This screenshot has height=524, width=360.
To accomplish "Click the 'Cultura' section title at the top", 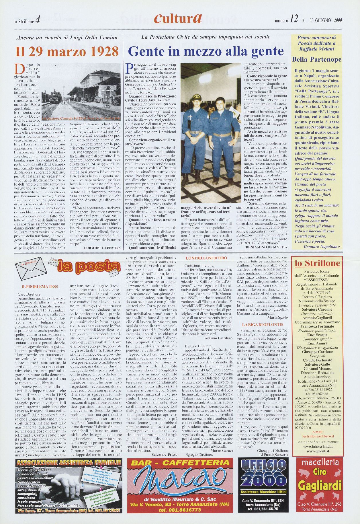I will point(178,19).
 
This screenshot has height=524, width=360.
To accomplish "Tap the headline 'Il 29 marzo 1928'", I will point(67,52).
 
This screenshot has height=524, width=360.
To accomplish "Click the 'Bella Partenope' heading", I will point(316,59).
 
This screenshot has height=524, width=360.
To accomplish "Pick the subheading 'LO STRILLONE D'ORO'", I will point(206,258).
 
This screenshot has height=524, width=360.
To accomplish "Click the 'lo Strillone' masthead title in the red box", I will point(317,263).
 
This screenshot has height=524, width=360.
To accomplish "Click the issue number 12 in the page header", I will point(293,20).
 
